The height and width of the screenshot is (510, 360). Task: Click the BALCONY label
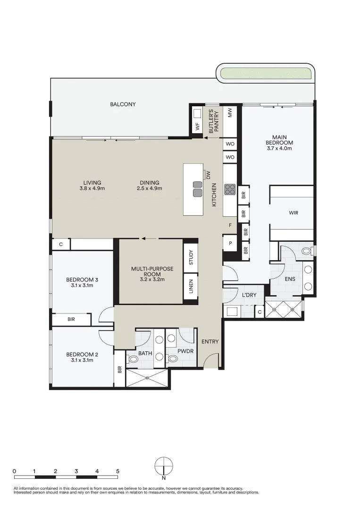coord(123,104)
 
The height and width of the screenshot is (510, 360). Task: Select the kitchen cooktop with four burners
coord(230,189)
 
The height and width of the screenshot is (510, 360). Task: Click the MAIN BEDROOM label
coord(279,142)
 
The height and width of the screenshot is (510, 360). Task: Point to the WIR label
coord(293,213)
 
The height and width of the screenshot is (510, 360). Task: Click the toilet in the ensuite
coord(307,250)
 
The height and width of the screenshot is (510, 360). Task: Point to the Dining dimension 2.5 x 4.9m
coord(150,188)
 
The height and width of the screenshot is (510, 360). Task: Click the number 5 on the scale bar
coord(117,471)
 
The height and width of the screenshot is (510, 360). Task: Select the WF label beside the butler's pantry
coord(197,126)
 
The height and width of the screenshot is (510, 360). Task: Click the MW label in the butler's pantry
coord(230,113)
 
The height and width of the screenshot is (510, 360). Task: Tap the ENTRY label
coord(210,341)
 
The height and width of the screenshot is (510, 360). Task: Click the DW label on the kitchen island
coord(208,175)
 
